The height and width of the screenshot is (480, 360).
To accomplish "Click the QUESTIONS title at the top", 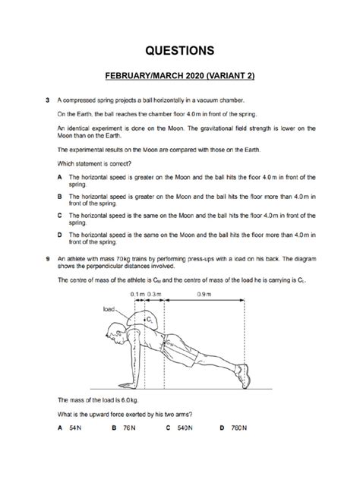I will click(x=180, y=51).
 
